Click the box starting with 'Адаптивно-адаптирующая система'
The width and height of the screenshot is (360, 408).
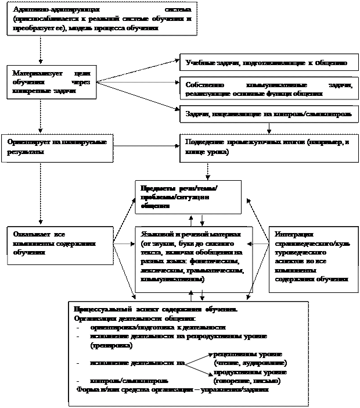tap(102, 20)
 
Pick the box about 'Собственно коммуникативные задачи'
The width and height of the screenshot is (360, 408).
tap(268, 90)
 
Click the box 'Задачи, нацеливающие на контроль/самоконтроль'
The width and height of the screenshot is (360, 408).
tap(268, 114)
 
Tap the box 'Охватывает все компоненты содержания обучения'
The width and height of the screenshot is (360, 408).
tap(59, 244)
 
